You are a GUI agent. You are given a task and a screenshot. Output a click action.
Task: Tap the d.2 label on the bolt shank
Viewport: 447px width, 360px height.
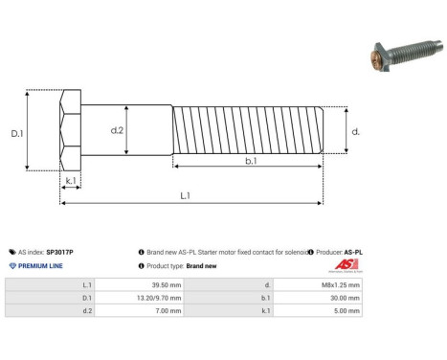click(117, 129)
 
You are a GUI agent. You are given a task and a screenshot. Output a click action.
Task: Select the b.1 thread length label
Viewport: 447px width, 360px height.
click(250, 162)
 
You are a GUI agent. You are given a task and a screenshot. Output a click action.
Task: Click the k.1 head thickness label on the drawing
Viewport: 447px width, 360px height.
click(70, 179)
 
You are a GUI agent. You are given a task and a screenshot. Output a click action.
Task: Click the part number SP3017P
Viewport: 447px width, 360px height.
click(60, 252)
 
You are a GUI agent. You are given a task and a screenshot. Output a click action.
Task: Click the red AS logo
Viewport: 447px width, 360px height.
click(345, 264)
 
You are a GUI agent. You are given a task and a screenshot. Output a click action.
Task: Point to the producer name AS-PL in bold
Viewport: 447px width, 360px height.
click(353, 252)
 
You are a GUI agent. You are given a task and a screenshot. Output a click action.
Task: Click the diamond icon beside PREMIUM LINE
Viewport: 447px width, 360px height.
click(11, 265)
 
